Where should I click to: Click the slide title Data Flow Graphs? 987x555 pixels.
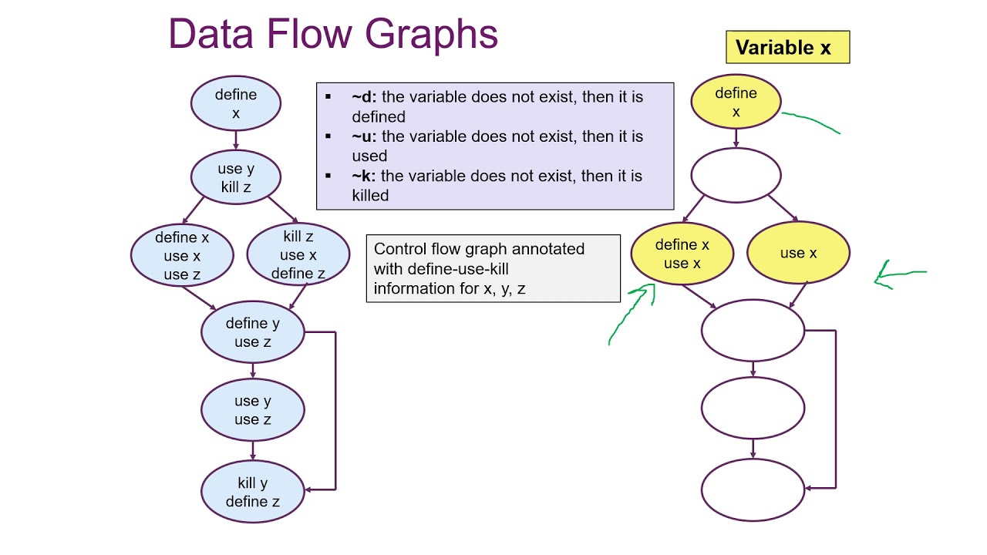333,35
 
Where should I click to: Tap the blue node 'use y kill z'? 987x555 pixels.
236,177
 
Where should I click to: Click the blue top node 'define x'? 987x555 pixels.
236,103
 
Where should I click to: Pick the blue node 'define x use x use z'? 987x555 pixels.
182,255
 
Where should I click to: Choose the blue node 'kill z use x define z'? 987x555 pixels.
298,254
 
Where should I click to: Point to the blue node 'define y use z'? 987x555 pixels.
253,332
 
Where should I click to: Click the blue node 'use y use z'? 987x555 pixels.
253,409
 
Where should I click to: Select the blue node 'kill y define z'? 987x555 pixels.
253,492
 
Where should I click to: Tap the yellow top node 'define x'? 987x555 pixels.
736,102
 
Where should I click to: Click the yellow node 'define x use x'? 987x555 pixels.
682,254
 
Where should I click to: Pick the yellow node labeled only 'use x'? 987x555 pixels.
798,253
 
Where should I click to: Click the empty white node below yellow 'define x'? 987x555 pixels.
736,176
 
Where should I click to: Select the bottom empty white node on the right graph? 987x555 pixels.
753,489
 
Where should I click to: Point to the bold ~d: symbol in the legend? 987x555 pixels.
364,97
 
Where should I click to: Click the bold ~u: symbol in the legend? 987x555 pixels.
364,136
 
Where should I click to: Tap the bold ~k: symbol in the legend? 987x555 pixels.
364,176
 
